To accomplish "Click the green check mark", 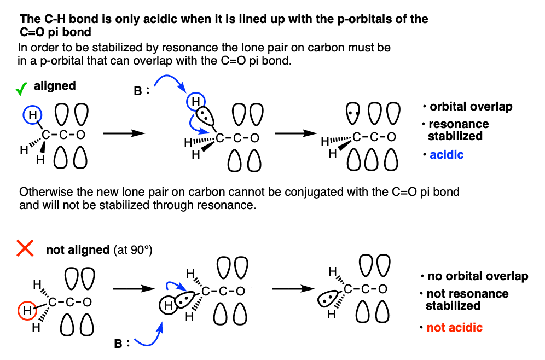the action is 21,89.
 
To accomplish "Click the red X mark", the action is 25,248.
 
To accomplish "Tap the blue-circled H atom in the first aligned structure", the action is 32,115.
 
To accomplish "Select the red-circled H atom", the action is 27,311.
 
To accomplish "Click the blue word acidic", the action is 447,155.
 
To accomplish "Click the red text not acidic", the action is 454,327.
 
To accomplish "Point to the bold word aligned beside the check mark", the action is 55,86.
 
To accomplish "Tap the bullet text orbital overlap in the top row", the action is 471,107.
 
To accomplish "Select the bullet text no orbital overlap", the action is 478,276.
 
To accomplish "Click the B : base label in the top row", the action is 141,91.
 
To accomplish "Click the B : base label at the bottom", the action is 121,344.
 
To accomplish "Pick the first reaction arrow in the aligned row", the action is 123,133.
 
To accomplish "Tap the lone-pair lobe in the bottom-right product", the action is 327,299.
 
